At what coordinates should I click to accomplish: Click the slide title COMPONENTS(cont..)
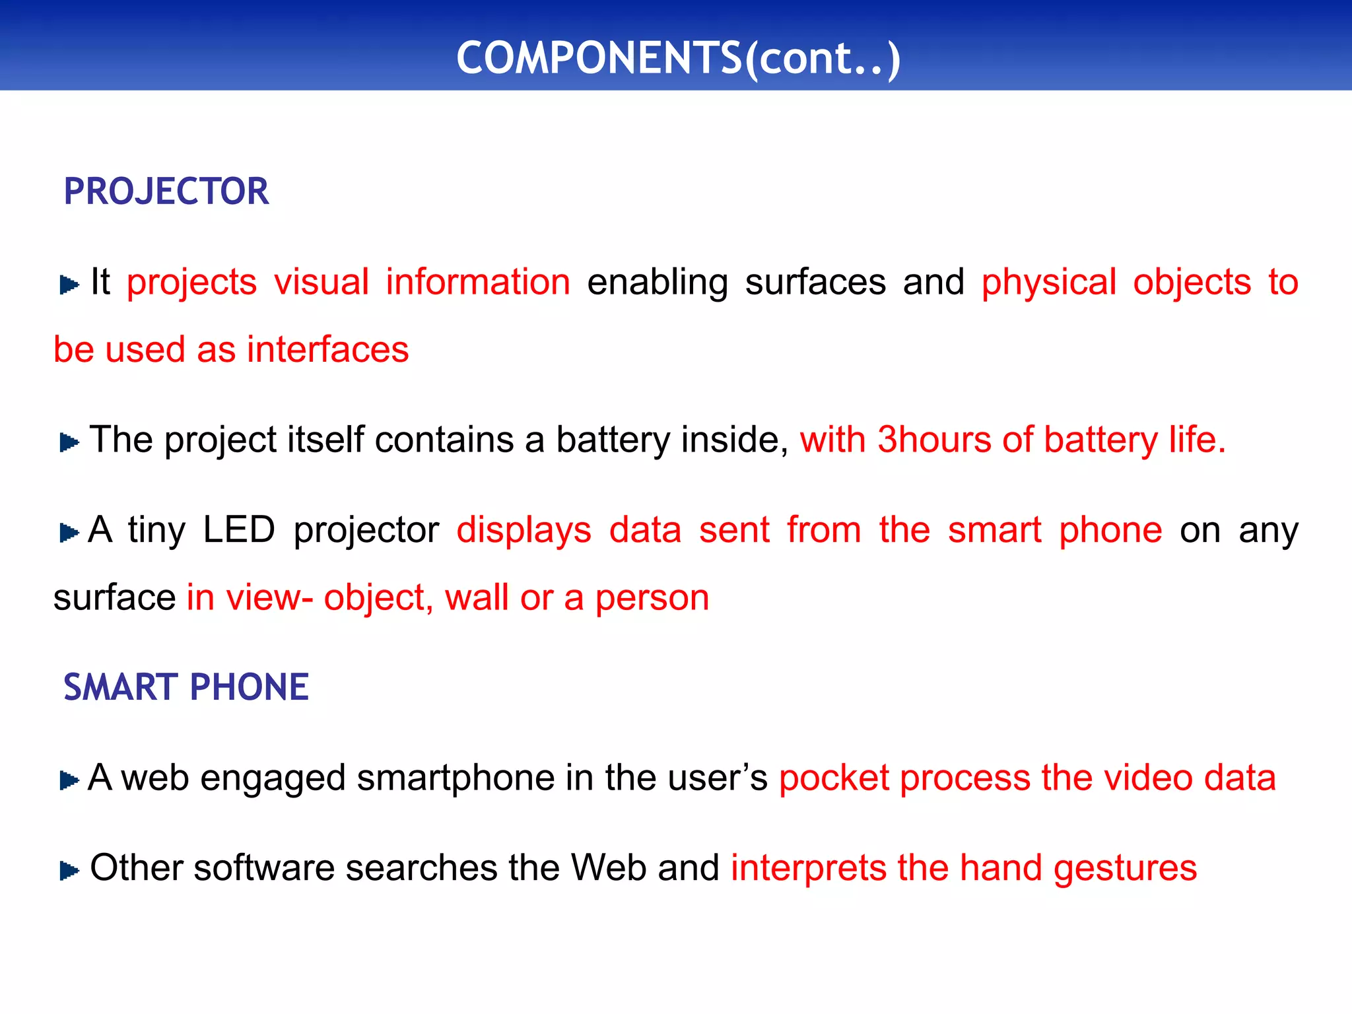click(678, 58)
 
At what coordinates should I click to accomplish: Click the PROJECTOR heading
click(166, 191)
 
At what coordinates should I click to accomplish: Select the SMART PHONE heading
click(186, 687)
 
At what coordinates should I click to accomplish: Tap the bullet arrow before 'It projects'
click(69, 285)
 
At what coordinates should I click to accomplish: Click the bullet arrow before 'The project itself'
click(69, 442)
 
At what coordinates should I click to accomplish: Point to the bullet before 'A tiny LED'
click(69, 533)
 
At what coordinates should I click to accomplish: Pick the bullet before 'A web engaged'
click(69, 780)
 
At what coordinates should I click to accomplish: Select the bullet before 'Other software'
click(69, 871)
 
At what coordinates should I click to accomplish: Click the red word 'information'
click(478, 283)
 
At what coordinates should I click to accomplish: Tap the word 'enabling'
click(658, 283)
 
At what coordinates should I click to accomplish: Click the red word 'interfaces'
click(328, 350)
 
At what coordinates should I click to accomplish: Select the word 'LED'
click(238, 530)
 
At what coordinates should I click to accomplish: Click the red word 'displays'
click(524, 530)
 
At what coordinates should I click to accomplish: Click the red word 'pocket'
click(834, 778)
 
